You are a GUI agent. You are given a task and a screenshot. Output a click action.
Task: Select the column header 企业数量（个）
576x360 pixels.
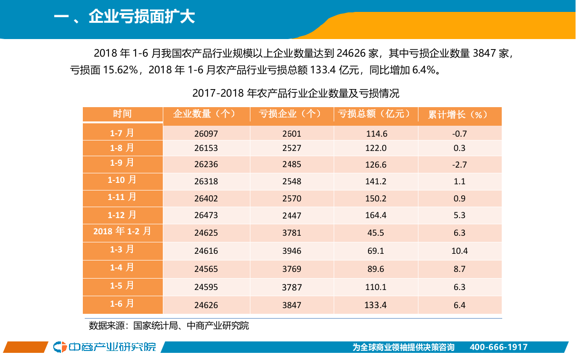[x=206, y=114]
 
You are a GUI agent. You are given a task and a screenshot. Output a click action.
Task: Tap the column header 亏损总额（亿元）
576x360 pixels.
[x=376, y=114]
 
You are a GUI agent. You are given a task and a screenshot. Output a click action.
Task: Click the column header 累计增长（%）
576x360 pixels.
[x=459, y=115]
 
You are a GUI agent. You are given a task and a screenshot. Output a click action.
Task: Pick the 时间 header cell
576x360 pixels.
[x=122, y=114]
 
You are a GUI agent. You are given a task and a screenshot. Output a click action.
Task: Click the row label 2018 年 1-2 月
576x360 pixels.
[x=122, y=231]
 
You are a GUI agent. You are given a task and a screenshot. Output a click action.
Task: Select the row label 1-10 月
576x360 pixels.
[x=122, y=180]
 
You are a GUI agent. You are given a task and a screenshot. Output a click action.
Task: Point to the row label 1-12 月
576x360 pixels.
[x=122, y=215]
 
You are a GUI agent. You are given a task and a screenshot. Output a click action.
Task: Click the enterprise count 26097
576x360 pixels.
[x=206, y=134]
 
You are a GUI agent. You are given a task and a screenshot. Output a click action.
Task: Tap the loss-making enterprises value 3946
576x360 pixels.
[x=291, y=251]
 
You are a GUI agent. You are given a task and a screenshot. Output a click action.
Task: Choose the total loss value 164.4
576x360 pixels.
[x=376, y=216]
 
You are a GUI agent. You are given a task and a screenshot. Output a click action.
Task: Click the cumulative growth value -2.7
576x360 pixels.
[x=459, y=165]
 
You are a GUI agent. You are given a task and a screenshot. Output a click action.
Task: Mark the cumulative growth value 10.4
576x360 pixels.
[x=459, y=251]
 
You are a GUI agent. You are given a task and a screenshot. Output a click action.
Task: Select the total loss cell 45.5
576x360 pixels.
[x=376, y=233]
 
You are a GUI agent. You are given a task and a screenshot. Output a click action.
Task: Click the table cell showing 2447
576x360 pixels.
[x=291, y=216]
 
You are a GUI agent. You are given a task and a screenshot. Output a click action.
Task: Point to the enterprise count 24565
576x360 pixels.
[x=206, y=269]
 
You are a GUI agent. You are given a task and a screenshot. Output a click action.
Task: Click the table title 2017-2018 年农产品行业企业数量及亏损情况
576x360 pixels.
[x=295, y=93]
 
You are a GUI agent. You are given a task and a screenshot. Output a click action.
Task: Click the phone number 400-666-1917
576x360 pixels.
[x=498, y=347]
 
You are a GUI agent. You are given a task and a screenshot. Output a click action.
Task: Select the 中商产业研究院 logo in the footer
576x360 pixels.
[x=105, y=347]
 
